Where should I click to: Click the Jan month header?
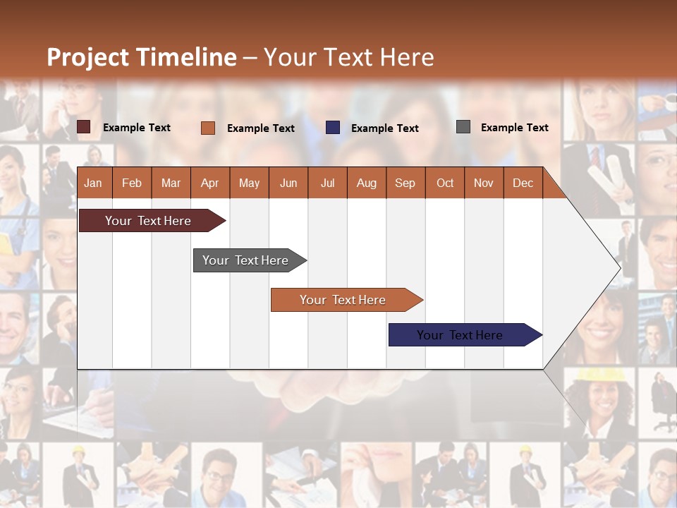pos(93,183)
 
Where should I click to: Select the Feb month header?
pos(132,183)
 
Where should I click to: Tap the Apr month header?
pos(209,183)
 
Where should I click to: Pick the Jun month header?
pos(288,183)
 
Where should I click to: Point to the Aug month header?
pos(366,183)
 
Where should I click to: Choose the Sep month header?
pos(405,183)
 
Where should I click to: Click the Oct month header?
pos(445,183)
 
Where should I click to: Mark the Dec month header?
pos(523,183)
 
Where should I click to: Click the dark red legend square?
pos(84,127)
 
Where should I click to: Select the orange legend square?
pos(208,128)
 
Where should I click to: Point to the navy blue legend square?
pos(333,127)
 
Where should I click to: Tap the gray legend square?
pos(463,127)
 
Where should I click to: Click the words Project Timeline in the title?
pos(142,57)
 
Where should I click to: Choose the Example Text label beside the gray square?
pos(514,128)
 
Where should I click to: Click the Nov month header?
pos(484,183)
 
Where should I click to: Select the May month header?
pos(249,183)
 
